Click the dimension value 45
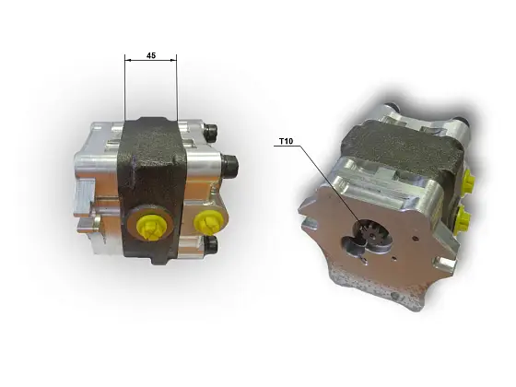click(150, 56)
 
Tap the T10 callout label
click(287, 143)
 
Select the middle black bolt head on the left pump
click(229, 166)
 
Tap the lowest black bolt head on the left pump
click(212, 243)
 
